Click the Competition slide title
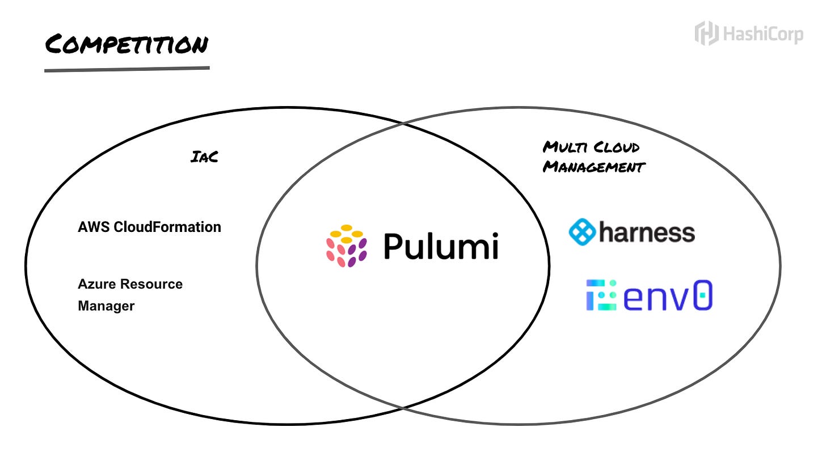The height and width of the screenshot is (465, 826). pos(127,44)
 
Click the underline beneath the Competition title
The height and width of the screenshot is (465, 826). pos(127,69)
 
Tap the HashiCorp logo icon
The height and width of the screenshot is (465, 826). pos(706,33)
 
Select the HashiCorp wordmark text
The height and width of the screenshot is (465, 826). pos(762,34)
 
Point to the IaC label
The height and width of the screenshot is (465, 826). pos(204,157)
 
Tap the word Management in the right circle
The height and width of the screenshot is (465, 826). pos(594,167)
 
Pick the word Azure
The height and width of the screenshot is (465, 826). pos(96,284)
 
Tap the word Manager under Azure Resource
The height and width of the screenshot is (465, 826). pos(106,306)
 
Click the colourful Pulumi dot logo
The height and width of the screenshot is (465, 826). pos(346,246)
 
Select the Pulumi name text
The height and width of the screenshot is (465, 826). pos(441,246)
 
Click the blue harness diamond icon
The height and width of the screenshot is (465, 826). pos(582,232)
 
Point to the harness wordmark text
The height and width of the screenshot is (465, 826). pos(647,232)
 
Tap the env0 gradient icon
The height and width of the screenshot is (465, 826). pos(601,295)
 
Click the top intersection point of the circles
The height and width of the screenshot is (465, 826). pos(403,122)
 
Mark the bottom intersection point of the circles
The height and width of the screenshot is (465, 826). pos(403,407)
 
